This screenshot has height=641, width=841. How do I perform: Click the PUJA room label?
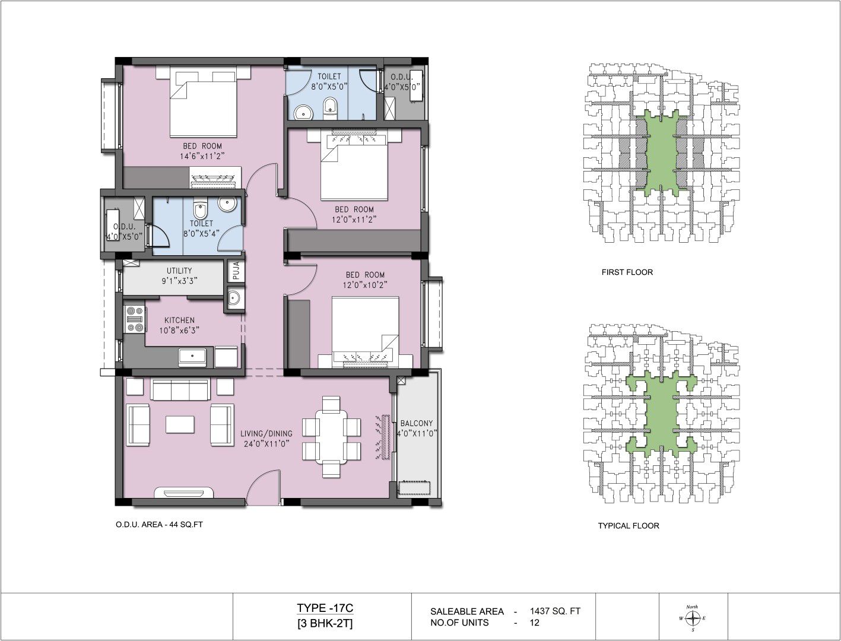[236, 271]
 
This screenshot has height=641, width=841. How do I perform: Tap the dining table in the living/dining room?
[331, 437]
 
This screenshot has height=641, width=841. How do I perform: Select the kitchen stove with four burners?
[135, 319]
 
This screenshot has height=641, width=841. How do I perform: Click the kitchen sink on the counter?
[192, 357]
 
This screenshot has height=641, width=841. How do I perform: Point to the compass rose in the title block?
[693, 618]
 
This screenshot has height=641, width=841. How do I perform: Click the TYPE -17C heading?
[325, 608]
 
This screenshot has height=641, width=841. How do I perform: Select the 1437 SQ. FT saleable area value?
[555, 611]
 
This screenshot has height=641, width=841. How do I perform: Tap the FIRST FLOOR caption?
[627, 272]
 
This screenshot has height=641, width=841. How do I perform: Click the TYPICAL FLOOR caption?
[629, 526]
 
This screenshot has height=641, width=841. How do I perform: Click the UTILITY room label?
[179, 271]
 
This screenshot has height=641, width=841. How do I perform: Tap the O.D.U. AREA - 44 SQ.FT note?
[159, 525]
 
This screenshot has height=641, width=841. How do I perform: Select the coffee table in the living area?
[180, 424]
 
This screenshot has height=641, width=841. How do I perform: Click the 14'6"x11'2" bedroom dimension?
[202, 156]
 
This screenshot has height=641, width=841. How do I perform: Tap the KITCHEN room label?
[179, 320]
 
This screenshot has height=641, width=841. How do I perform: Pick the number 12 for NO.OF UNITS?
[535, 623]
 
